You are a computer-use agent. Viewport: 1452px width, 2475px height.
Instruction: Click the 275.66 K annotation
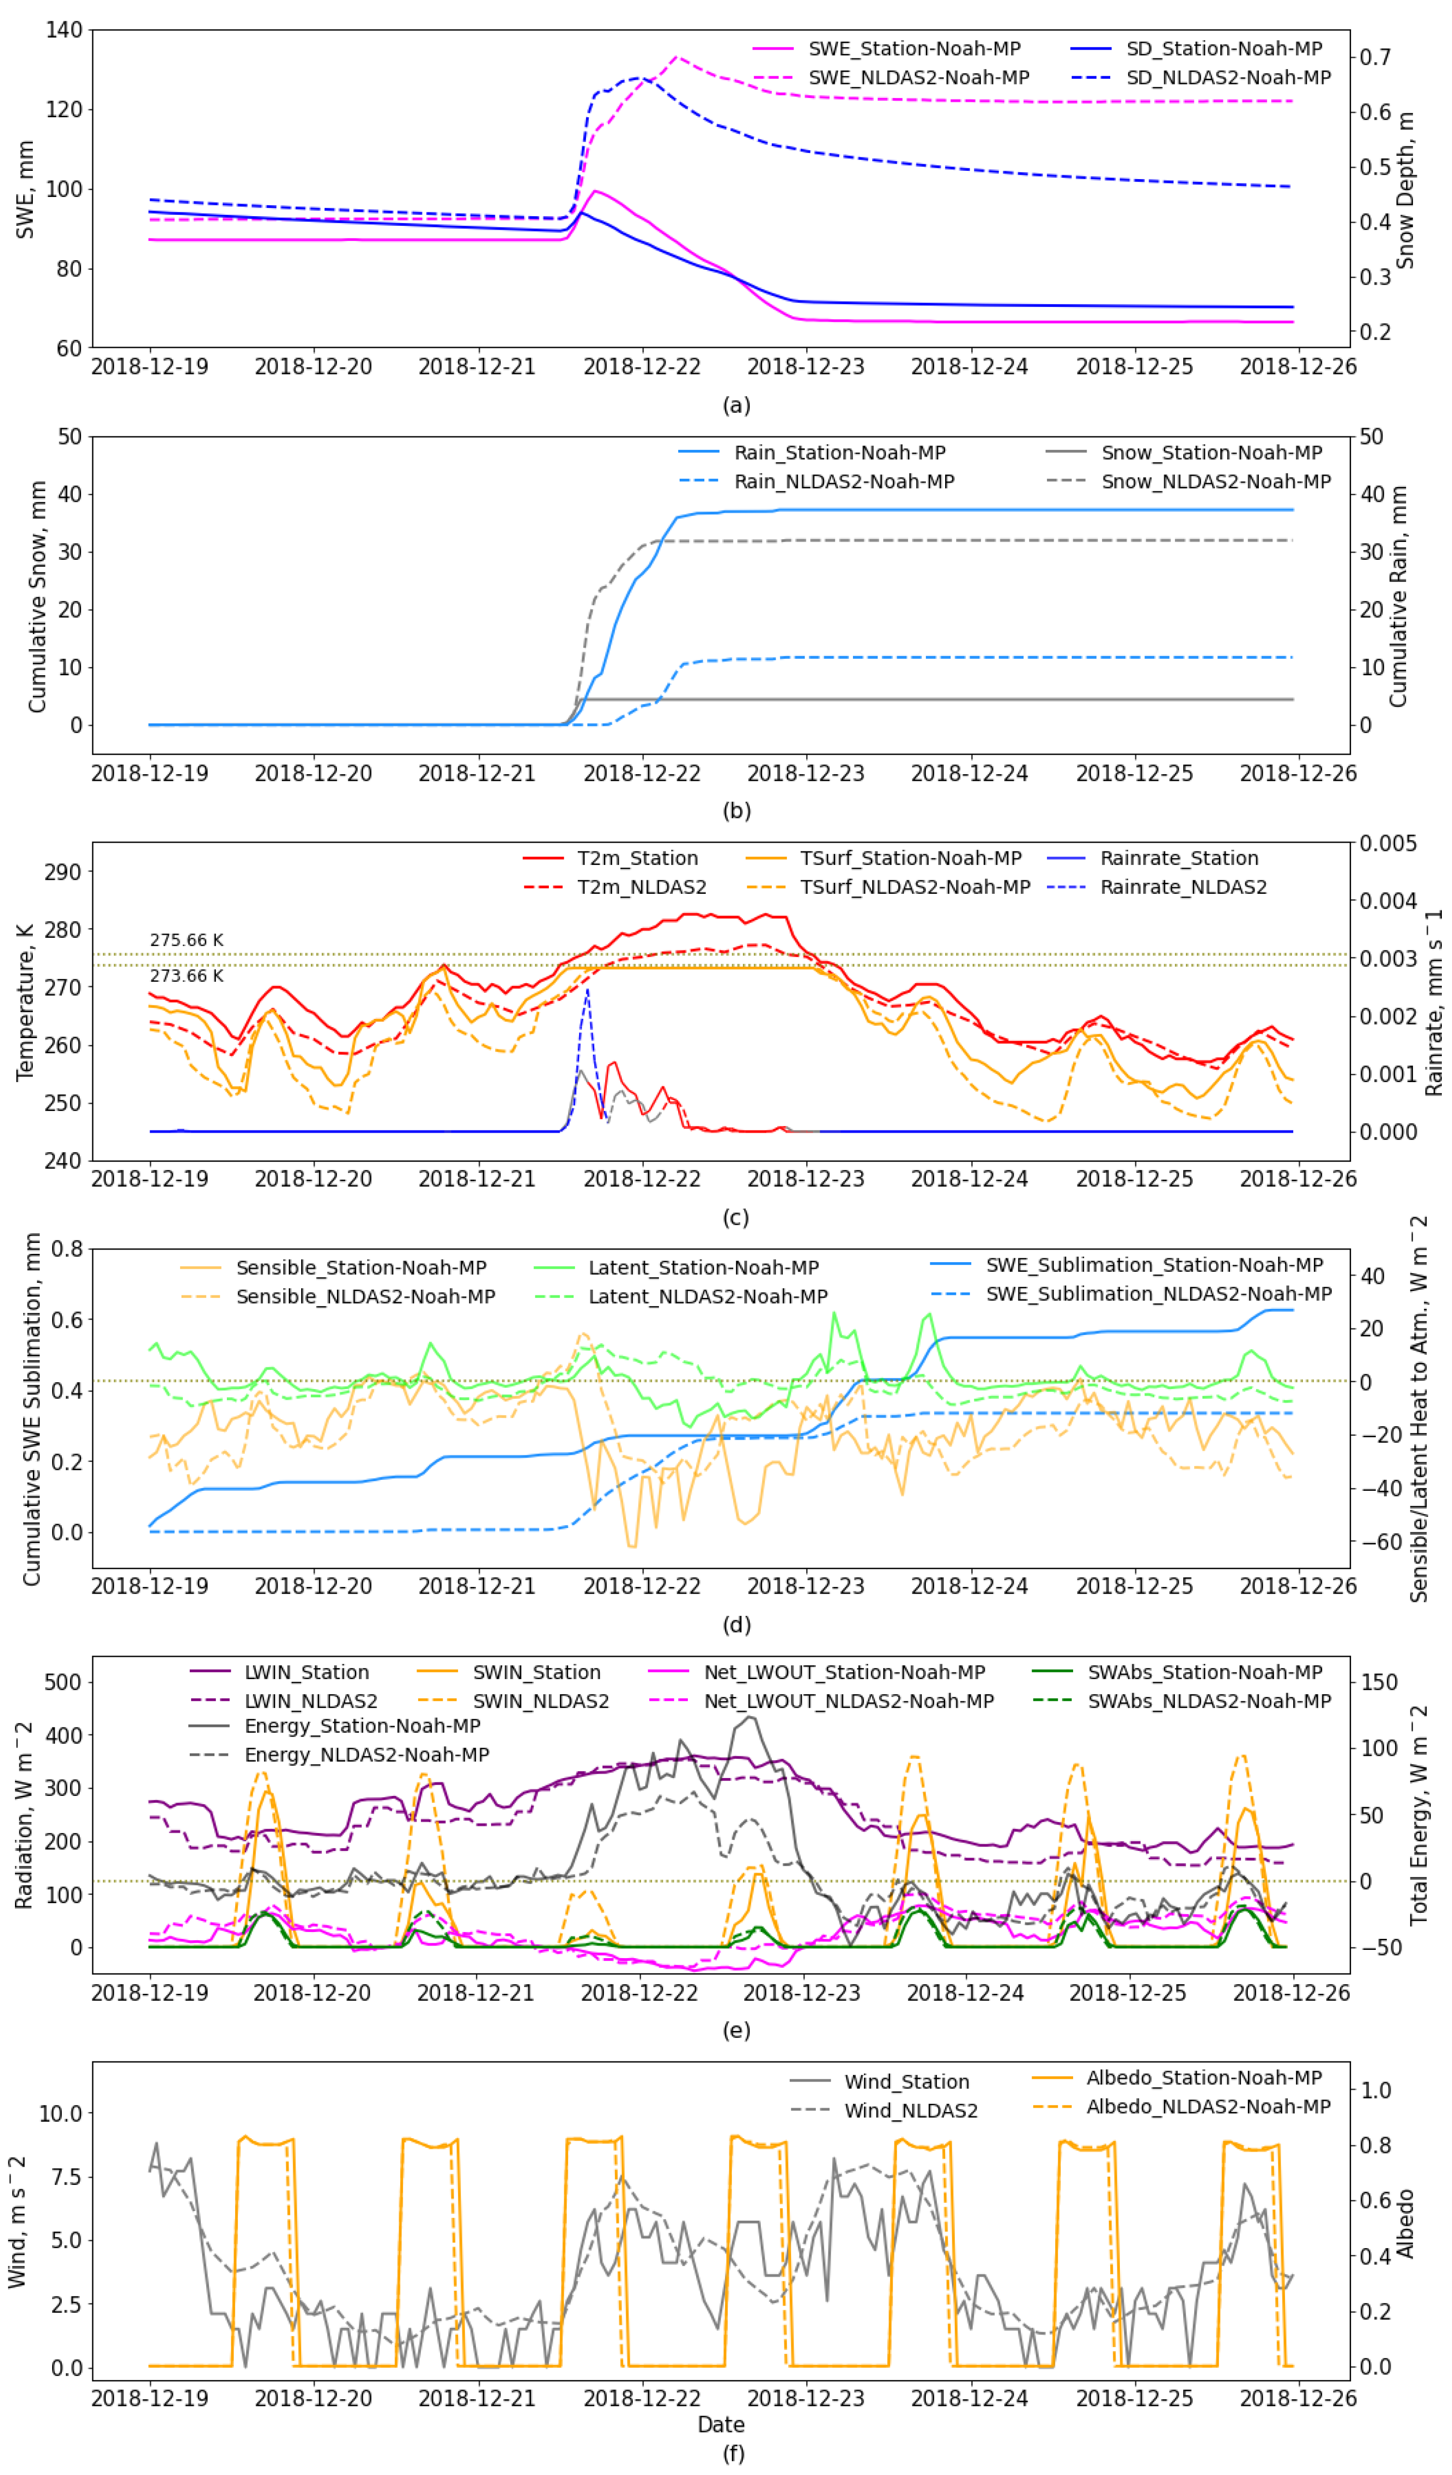[x=187, y=940]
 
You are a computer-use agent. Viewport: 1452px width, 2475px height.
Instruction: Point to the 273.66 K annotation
[x=187, y=975]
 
